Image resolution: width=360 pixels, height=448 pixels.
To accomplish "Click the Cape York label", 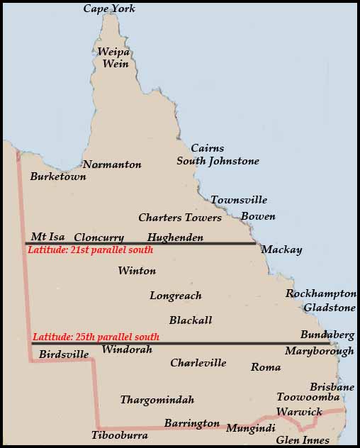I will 109,9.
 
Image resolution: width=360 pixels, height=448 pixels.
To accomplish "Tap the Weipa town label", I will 113,52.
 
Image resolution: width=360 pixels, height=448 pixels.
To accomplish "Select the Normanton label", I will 112,164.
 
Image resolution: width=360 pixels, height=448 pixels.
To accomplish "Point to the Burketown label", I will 58,177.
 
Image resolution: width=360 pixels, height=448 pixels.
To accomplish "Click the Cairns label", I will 208,148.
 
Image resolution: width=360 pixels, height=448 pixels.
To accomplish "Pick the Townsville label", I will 239,200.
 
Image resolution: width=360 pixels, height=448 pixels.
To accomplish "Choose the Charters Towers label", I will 180,218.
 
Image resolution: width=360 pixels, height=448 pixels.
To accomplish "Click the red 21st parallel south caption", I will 90,250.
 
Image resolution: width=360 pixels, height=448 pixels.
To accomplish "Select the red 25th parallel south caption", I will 96,337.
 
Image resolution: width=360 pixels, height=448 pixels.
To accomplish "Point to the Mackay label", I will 281,250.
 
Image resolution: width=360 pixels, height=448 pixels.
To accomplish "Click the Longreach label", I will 176,296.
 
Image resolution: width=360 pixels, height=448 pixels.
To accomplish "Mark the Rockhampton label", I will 321,293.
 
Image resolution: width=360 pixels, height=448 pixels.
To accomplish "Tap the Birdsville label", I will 64,354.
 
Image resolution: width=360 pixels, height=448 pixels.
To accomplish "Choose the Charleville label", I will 198,363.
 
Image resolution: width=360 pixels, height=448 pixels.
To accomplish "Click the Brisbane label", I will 332,387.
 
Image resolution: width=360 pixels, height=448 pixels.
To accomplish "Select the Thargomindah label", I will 157,400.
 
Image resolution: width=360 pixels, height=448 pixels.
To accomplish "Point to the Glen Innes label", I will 303,440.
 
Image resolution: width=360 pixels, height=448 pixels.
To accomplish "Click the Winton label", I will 137,271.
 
